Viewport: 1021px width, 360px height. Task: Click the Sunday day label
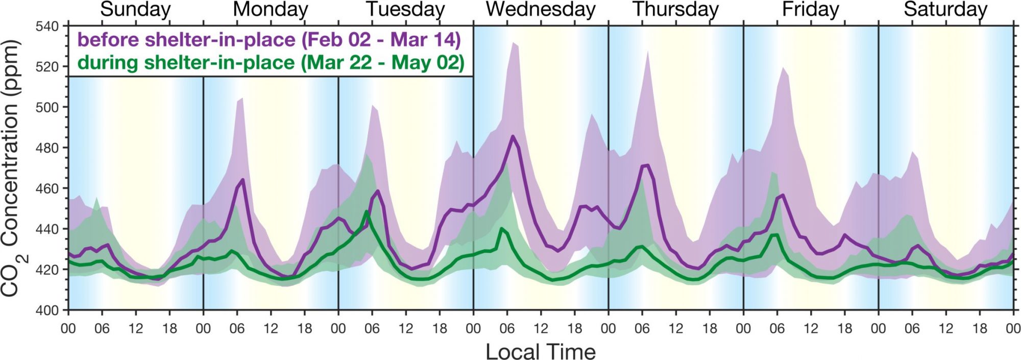(x=135, y=10)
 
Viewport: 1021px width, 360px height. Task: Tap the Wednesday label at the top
(x=541, y=10)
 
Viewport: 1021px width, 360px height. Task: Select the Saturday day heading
(x=945, y=10)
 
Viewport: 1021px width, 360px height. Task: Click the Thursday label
(x=675, y=10)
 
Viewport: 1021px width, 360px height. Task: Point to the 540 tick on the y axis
(x=47, y=26)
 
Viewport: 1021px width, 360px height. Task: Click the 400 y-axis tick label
(x=47, y=310)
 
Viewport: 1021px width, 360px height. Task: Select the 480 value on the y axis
(x=47, y=148)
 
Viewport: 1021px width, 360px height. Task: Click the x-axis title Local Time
(x=541, y=352)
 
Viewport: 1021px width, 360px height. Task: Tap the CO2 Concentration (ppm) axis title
(x=11, y=169)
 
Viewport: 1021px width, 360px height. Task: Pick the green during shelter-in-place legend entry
(x=271, y=63)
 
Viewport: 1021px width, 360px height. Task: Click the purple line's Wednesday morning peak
(x=513, y=136)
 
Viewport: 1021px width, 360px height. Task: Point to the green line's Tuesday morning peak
(x=367, y=211)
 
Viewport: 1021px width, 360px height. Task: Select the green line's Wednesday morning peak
(x=502, y=229)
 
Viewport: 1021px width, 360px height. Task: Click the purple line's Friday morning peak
(x=783, y=195)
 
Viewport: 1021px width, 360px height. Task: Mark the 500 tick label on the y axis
(x=47, y=107)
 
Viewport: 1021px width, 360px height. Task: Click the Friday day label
(x=811, y=10)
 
